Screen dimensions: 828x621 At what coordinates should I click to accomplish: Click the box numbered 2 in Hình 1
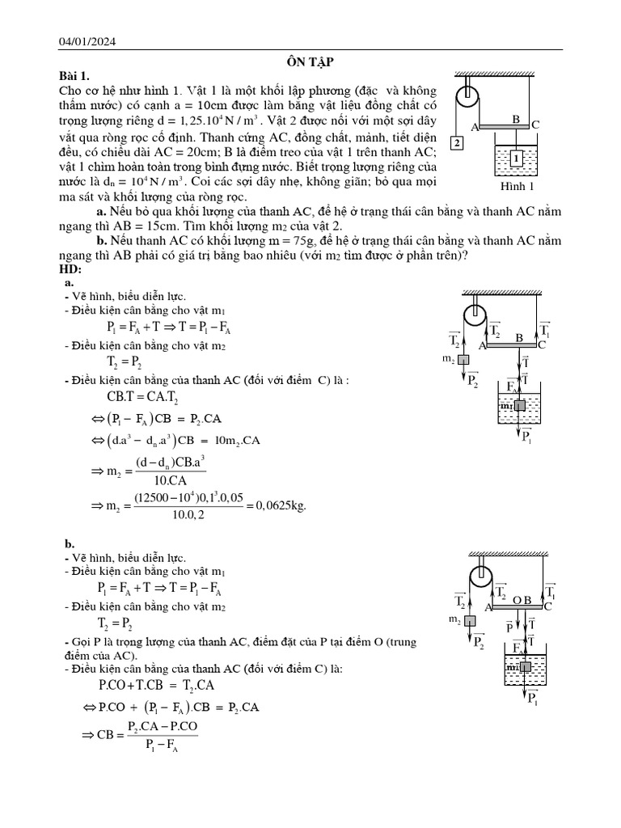[x=458, y=143]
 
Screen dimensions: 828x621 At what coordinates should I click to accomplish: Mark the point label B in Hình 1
[x=515, y=119]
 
